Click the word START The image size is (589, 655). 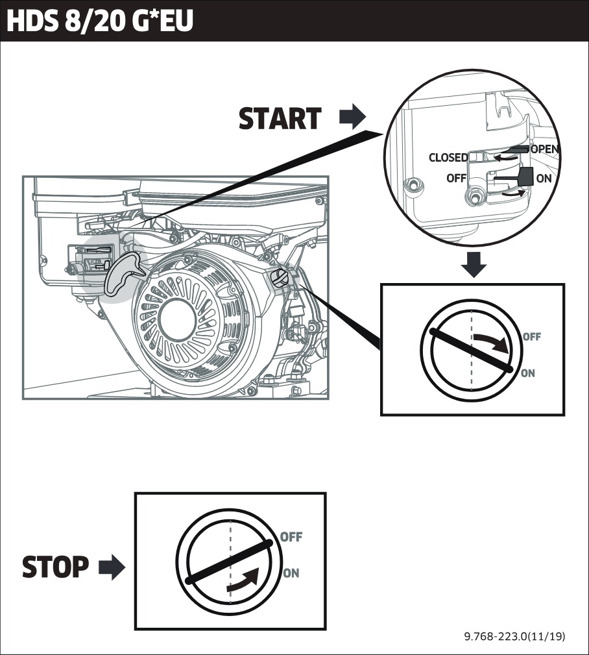(x=280, y=119)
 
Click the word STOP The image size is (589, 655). (x=56, y=567)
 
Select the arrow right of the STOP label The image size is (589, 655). (x=112, y=568)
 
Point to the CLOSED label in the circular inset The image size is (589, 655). (x=448, y=158)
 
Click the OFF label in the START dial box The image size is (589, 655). (x=531, y=337)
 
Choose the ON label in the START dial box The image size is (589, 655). (x=528, y=373)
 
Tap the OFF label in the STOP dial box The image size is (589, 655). (x=291, y=537)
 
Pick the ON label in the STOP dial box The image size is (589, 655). (x=291, y=573)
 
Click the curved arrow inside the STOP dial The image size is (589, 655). (x=244, y=580)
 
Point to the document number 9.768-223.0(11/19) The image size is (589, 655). (x=514, y=637)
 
